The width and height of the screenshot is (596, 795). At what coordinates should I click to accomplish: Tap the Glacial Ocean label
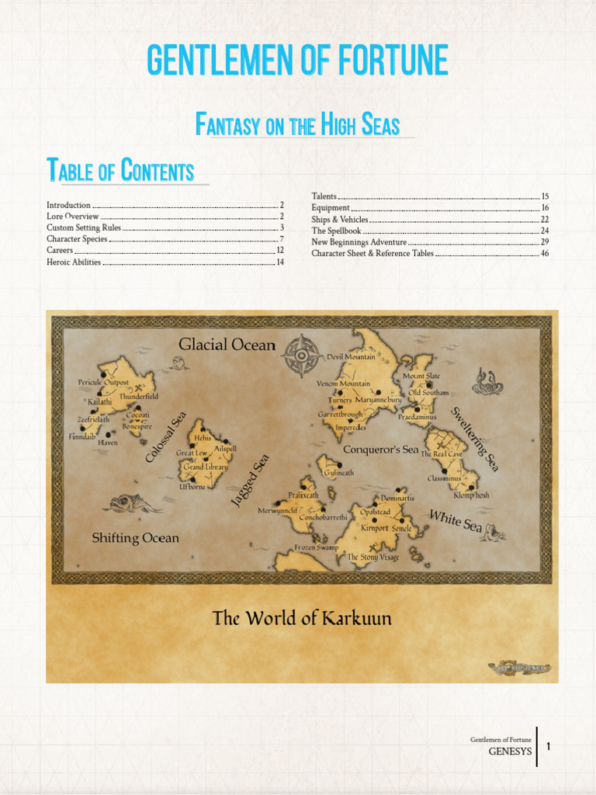[227, 344]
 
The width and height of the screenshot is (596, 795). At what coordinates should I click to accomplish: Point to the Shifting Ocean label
[135, 538]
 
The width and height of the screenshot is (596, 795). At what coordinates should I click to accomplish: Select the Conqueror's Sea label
[380, 450]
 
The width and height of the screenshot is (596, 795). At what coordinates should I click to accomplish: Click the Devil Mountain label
[351, 357]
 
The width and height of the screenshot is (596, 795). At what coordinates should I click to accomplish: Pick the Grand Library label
[205, 467]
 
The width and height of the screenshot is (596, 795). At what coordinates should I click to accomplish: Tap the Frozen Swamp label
[316, 548]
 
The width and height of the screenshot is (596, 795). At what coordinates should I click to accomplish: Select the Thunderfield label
[138, 397]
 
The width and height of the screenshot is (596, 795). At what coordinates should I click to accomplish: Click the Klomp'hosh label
[471, 495]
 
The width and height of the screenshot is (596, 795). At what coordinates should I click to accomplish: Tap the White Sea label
[456, 521]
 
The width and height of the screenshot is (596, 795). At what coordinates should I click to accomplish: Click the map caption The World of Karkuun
[302, 619]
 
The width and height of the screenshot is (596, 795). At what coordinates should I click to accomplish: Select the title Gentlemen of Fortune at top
[297, 61]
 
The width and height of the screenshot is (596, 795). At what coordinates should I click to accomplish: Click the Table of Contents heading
[120, 170]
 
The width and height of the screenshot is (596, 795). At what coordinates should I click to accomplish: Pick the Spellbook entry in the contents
[336, 231]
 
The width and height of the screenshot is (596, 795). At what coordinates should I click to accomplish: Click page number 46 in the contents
[545, 253]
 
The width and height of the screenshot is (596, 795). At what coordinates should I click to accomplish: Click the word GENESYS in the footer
[508, 752]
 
